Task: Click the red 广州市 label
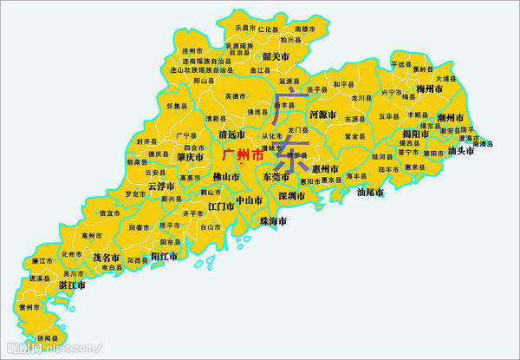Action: point(243,156)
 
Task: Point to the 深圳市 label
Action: point(292,197)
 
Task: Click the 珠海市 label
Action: point(272,221)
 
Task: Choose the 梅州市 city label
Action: point(430,89)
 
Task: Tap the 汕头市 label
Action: point(461,150)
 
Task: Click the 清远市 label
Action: point(232,135)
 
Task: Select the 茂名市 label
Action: point(106,258)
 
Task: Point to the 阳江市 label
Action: point(165,257)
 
